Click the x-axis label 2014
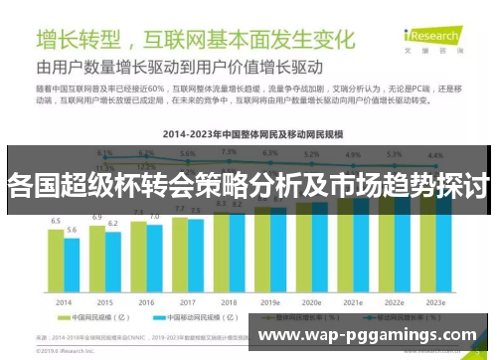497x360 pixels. pos(64,300)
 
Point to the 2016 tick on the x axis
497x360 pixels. pos(146,300)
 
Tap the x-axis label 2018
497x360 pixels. pos(229,300)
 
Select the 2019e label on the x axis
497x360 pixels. pos(270,300)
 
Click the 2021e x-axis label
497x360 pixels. pos(353,300)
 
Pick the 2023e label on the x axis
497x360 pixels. pos(434,300)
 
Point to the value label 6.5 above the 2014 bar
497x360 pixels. pos(56,221)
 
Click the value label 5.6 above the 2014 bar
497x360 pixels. pos(72,230)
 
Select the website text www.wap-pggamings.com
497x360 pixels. pos(367,335)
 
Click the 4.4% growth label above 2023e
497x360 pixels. pos(434,155)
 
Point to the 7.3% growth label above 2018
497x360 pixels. pos(229,152)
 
